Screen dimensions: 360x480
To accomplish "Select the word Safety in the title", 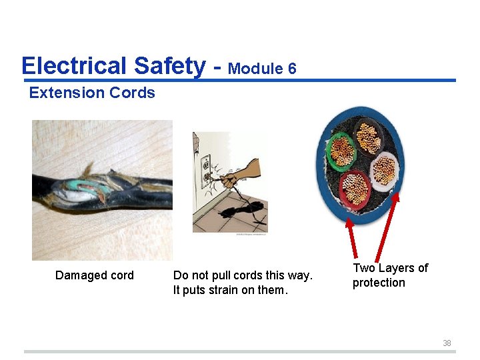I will [x=169, y=67].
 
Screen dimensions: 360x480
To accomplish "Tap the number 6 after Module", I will [x=292, y=69].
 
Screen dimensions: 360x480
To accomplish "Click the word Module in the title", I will [x=255, y=69].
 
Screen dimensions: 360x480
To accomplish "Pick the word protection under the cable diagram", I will [x=379, y=283].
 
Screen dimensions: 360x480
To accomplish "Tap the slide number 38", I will [x=447, y=343].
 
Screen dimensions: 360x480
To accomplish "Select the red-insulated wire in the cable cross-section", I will [x=355, y=188].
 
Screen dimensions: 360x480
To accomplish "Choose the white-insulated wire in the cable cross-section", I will [x=385, y=170].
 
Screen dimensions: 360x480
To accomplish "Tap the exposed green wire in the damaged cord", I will [x=83, y=185].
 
